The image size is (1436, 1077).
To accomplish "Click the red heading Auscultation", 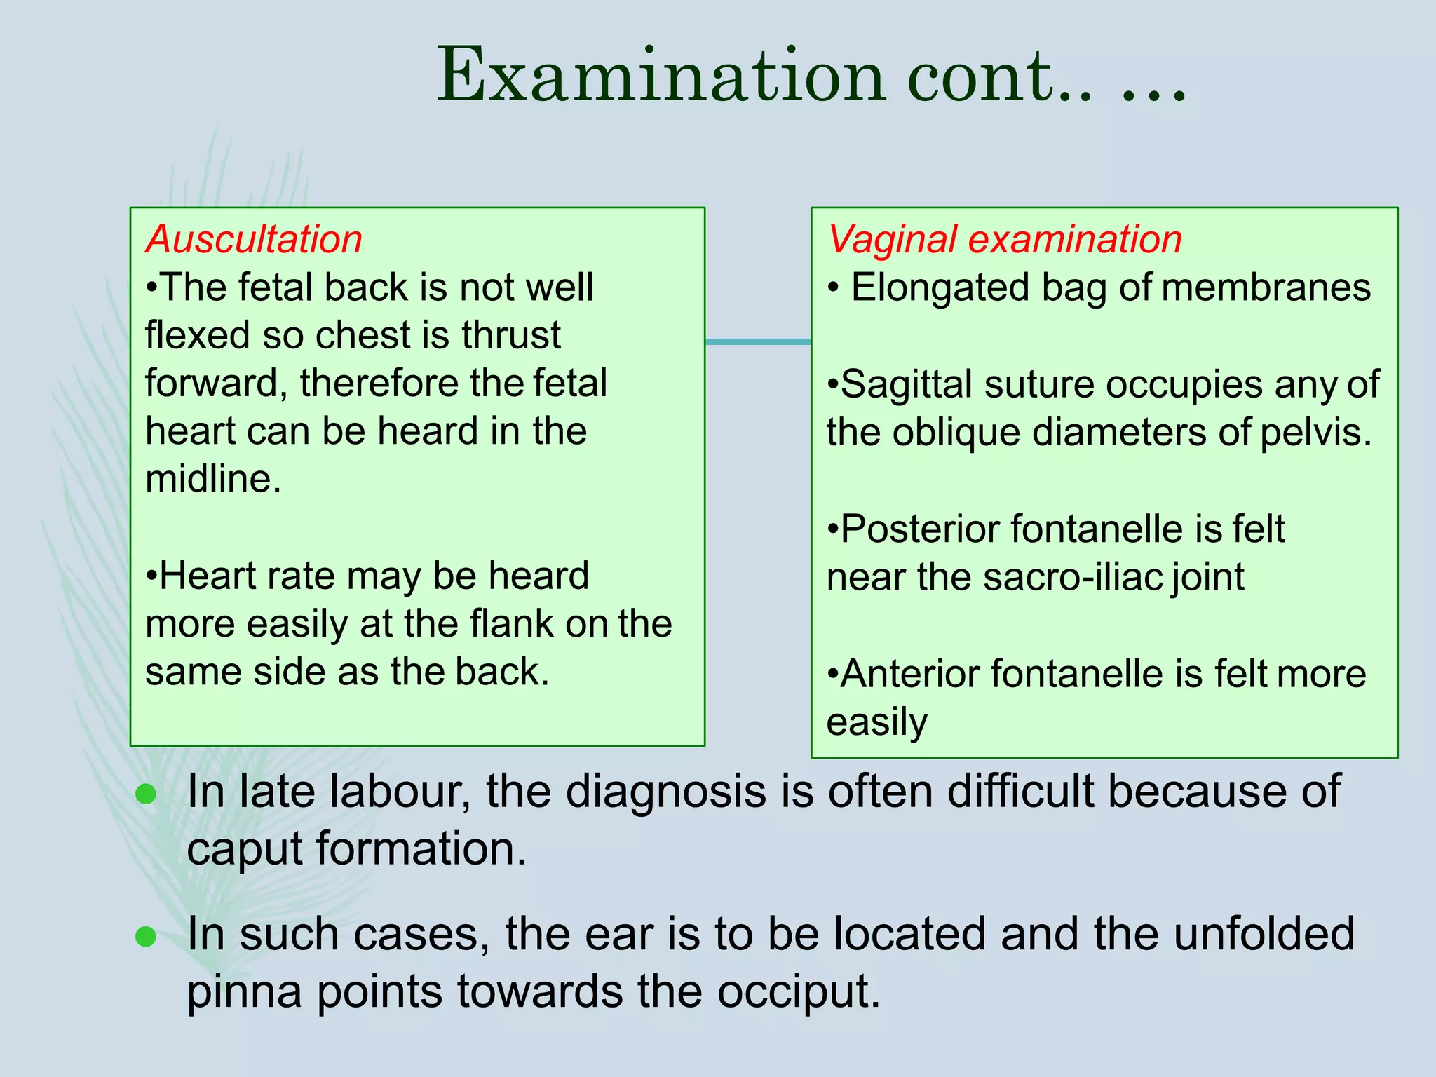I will tap(254, 239).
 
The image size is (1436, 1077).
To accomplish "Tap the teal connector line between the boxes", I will tap(757, 341).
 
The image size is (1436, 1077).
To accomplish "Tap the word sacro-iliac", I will tap(1072, 577).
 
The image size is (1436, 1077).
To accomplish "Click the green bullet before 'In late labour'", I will tap(145, 794).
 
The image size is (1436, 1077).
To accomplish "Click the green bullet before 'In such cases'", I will tap(145, 937).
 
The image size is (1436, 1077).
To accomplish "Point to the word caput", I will tap(245, 848).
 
